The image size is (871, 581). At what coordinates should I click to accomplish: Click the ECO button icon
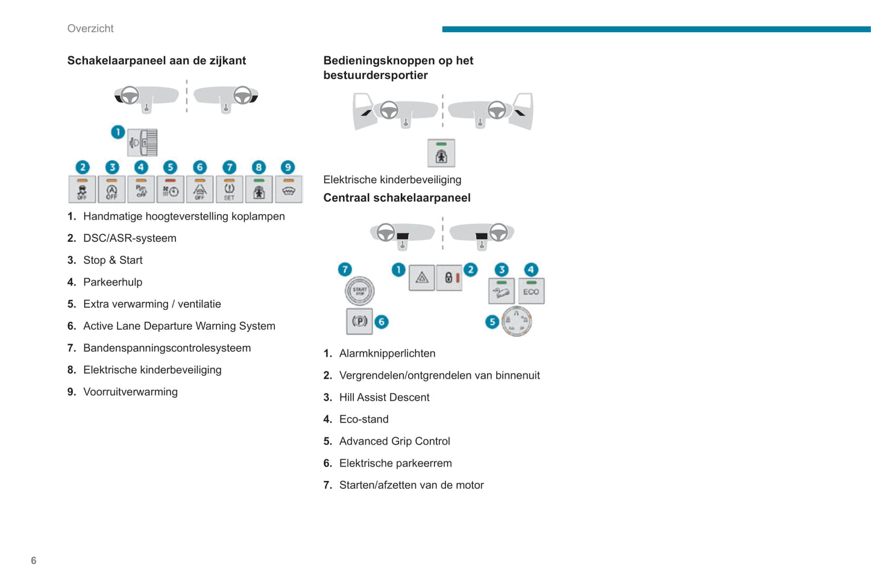[x=531, y=291]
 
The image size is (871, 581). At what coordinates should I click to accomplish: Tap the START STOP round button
[x=359, y=291]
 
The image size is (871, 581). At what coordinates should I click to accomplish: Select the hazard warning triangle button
[x=422, y=278]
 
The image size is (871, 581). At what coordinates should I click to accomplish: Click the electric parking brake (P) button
[x=359, y=321]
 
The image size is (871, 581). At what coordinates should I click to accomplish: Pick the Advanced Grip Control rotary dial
[x=517, y=321]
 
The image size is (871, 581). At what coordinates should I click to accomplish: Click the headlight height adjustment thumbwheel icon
[x=143, y=143]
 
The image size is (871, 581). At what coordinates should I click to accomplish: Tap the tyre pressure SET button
[x=229, y=189]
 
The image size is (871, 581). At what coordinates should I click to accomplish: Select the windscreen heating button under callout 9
[x=288, y=189]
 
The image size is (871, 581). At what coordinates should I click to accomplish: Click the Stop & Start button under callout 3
[x=112, y=189]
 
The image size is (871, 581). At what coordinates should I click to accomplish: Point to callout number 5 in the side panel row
[x=170, y=167]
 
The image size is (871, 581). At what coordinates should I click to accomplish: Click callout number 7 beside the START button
[x=345, y=269]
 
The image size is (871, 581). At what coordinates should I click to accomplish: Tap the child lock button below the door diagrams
[x=441, y=153]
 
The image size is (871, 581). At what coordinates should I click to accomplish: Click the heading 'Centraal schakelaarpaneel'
[x=397, y=198]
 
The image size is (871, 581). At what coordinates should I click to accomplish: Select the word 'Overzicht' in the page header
[x=90, y=28]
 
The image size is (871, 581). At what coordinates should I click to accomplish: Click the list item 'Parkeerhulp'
[x=113, y=282]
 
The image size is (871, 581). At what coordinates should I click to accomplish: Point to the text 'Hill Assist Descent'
[x=384, y=397]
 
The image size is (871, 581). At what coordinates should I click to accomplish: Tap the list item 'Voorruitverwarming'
[x=130, y=392]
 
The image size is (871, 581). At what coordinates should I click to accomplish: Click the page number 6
[x=34, y=561]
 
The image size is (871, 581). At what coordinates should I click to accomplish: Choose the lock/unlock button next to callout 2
[x=449, y=278]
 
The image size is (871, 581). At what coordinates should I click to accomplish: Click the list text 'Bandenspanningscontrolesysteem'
[x=167, y=348]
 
